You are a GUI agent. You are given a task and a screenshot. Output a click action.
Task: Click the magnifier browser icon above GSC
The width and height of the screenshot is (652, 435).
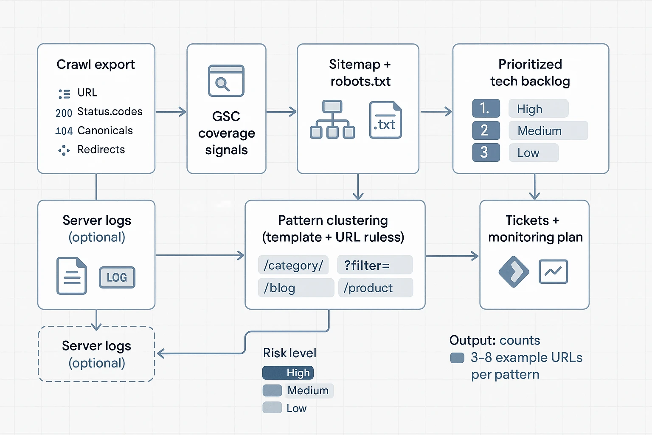click(226, 81)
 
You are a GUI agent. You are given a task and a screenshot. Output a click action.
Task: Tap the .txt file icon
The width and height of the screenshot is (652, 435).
click(385, 120)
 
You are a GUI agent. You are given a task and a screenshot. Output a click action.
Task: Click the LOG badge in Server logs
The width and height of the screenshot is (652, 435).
click(117, 277)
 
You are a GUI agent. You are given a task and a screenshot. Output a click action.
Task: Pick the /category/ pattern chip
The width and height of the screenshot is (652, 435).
click(293, 265)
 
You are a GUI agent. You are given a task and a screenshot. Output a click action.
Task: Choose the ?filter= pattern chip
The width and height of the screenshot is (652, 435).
click(375, 265)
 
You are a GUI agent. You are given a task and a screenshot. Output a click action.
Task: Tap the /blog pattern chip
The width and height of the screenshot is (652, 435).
click(295, 288)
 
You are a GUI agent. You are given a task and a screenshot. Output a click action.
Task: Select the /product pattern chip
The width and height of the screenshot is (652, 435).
click(375, 288)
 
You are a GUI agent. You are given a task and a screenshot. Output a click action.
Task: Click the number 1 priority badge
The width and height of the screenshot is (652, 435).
click(486, 108)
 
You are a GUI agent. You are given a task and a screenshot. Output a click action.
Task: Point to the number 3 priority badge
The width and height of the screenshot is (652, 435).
click(486, 153)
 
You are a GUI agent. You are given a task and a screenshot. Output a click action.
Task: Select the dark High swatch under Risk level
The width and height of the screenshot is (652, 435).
click(288, 373)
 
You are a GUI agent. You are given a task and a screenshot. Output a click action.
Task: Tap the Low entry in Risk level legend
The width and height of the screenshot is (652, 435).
click(296, 408)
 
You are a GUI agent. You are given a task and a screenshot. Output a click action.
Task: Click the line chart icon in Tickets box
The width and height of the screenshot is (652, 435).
click(553, 271)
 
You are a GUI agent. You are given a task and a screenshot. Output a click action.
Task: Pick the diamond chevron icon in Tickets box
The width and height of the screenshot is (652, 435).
click(514, 271)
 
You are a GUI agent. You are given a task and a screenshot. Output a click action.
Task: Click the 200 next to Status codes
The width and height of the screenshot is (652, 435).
click(64, 113)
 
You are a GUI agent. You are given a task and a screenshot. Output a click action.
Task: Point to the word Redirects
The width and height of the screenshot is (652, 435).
click(101, 150)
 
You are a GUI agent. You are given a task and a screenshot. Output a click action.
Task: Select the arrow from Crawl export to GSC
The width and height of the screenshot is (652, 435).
click(171, 112)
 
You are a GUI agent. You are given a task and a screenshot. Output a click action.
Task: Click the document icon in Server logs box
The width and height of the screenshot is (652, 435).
click(72, 276)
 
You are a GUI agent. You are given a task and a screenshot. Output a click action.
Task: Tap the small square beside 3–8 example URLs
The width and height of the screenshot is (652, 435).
click(457, 358)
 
